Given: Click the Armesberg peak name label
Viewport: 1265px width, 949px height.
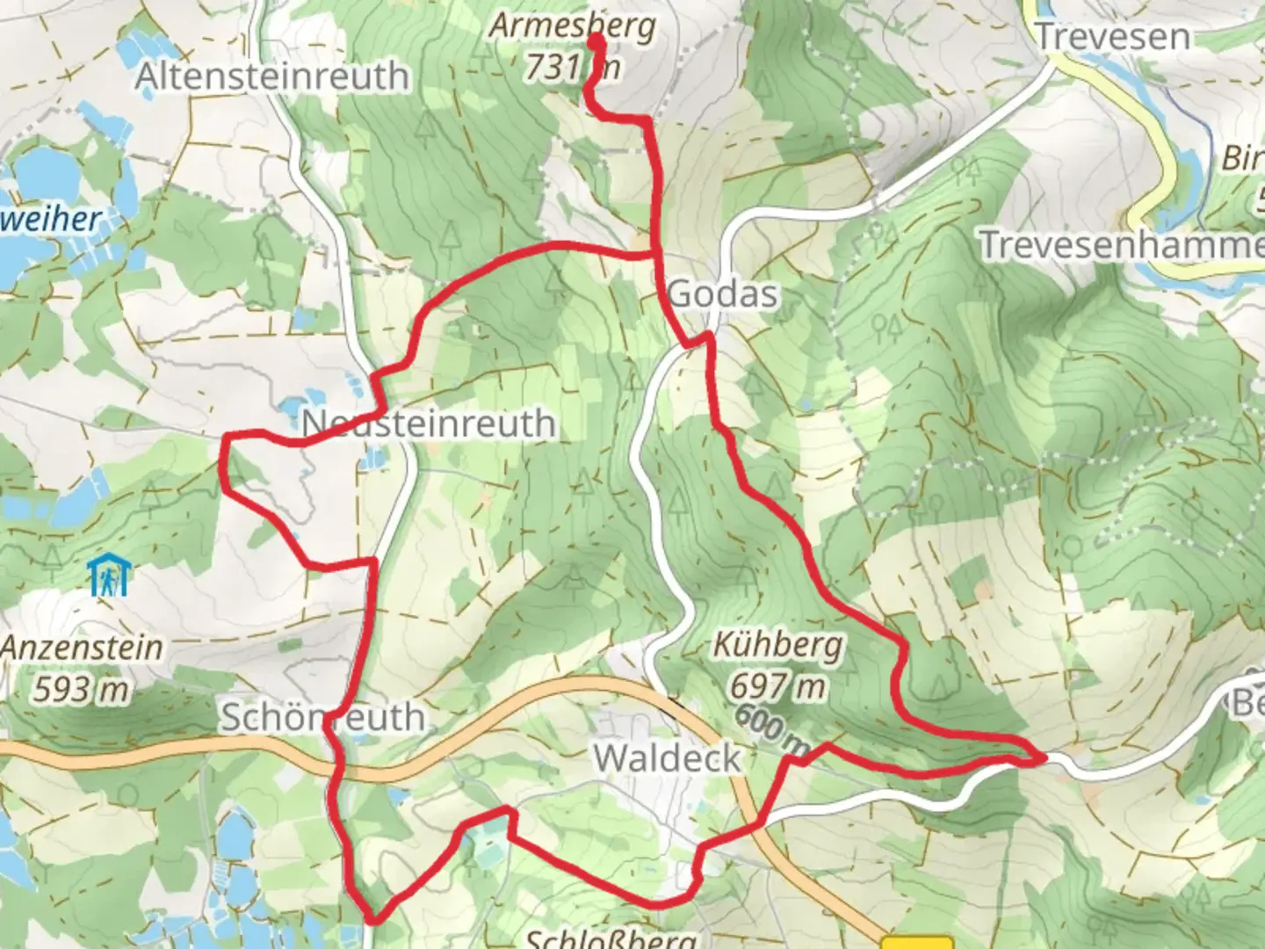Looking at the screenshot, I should (572, 26).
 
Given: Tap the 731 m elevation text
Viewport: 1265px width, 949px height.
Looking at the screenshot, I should (572, 66).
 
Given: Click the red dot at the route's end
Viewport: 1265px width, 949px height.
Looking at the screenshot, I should (596, 41).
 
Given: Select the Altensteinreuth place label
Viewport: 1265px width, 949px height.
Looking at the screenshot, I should (271, 76).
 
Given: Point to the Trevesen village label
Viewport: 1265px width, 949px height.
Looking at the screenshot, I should (1113, 37).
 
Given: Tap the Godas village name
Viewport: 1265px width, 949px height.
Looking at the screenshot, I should (723, 293).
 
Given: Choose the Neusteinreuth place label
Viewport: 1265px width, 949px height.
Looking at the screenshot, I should (429, 424).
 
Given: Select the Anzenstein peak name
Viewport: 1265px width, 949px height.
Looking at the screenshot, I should (82, 648).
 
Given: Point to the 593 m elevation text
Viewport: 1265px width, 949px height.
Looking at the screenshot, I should (82, 690).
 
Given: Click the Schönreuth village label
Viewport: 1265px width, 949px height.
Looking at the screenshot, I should (322, 717).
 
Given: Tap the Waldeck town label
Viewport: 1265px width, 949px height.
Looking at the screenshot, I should (667, 757).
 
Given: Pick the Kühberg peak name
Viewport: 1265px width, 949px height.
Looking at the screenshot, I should (777, 646).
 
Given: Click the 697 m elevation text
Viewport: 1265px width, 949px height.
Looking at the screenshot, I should (777, 685).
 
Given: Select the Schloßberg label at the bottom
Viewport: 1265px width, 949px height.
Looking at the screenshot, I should (611, 938).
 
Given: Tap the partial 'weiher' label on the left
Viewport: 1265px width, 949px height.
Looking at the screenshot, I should (51, 219).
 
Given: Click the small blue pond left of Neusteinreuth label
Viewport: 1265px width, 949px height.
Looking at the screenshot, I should (291, 407).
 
